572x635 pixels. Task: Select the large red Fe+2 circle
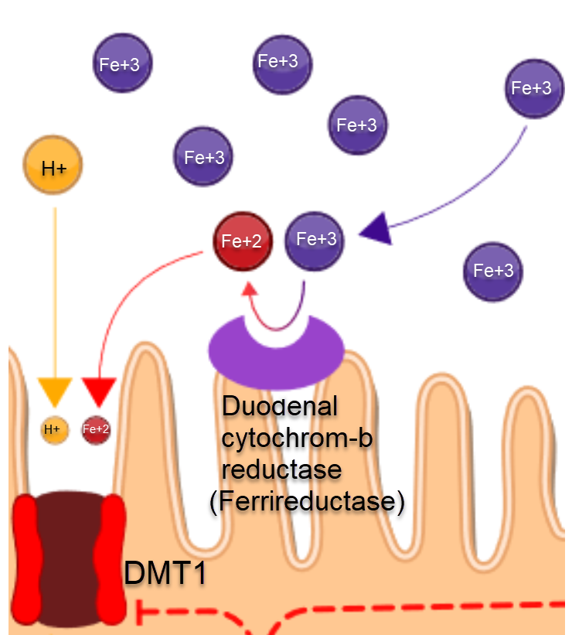tap(242, 241)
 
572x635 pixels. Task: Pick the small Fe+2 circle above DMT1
tap(96, 428)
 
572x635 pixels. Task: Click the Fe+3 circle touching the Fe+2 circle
tap(315, 240)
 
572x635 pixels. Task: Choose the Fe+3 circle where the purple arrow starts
tap(532, 88)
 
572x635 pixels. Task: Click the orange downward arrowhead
tap(55, 391)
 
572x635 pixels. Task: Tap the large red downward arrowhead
tap(98, 391)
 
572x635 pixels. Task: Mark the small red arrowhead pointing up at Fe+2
tap(250, 290)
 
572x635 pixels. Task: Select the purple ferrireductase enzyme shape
tap(276, 352)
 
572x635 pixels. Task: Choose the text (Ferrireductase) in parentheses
tap(307, 501)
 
